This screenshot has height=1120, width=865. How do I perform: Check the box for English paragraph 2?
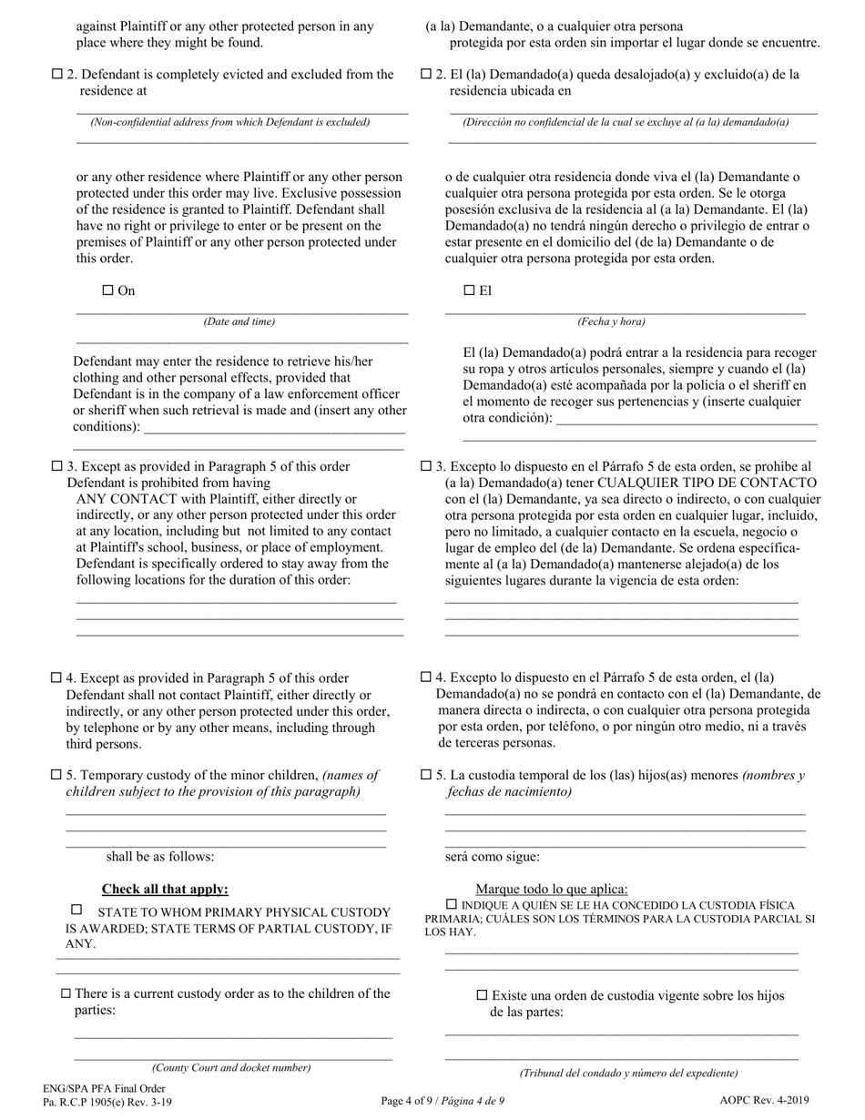[x=57, y=75]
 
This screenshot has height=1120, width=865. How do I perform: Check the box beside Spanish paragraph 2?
[x=426, y=74]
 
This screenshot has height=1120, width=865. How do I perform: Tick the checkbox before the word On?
[x=107, y=290]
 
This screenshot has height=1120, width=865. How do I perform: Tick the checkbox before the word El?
[x=470, y=290]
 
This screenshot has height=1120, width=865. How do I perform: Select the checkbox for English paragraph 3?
[x=57, y=466]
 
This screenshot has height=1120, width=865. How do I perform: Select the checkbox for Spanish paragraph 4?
[x=426, y=677]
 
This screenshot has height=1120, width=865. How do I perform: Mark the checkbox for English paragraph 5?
[x=57, y=775]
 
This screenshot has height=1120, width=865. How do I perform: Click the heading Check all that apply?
[x=165, y=889]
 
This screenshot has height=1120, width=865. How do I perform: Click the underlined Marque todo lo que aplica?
[x=551, y=889]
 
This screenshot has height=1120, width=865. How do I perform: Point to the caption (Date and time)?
[x=239, y=321]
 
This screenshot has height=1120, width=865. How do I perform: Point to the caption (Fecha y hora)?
[x=611, y=321]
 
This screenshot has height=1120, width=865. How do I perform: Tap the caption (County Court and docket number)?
[x=231, y=1067]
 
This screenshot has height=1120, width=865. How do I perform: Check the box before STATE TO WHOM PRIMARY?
[x=76, y=910]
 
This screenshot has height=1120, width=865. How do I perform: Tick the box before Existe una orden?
[x=483, y=995]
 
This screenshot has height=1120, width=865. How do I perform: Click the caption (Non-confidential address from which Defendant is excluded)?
[x=229, y=122]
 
